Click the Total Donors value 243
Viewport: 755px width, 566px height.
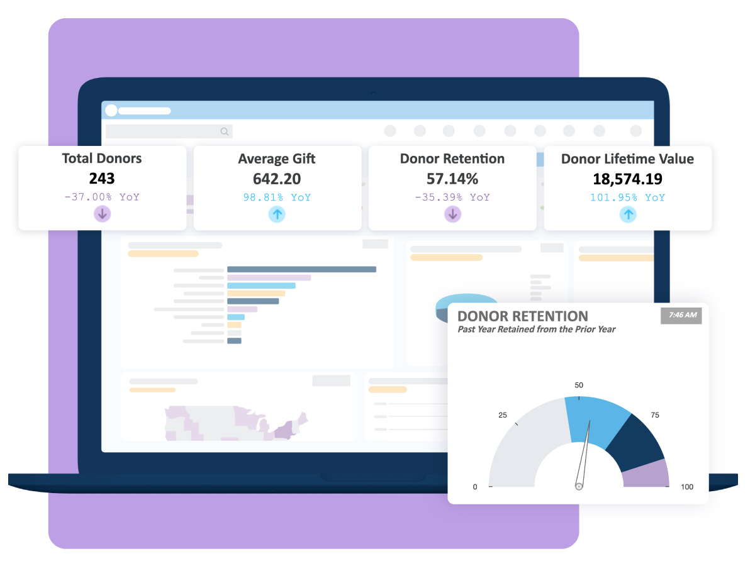tap(102, 179)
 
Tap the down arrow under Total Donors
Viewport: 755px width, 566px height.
tap(103, 214)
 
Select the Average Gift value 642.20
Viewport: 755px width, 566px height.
tap(277, 179)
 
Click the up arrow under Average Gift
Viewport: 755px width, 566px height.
tap(277, 214)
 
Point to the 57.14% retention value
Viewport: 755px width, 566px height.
tap(452, 179)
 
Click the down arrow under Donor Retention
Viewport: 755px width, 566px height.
tap(452, 214)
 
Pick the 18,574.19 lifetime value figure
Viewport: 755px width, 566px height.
tap(627, 179)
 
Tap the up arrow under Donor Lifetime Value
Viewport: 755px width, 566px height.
tap(627, 214)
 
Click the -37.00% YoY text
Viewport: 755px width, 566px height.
tap(102, 197)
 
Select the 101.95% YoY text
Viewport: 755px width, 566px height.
tap(627, 197)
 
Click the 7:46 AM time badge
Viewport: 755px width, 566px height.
tap(681, 315)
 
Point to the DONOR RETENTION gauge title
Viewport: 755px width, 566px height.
tap(522, 316)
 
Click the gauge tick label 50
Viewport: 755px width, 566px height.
tap(579, 385)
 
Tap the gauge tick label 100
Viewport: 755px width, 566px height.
tap(687, 487)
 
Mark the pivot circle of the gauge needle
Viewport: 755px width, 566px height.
tap(579, 486)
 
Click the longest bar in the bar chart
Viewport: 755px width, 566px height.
tap(301, 269)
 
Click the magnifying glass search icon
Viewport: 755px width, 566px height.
tap(225, 131)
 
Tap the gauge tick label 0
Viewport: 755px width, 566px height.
tap(475, 487)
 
